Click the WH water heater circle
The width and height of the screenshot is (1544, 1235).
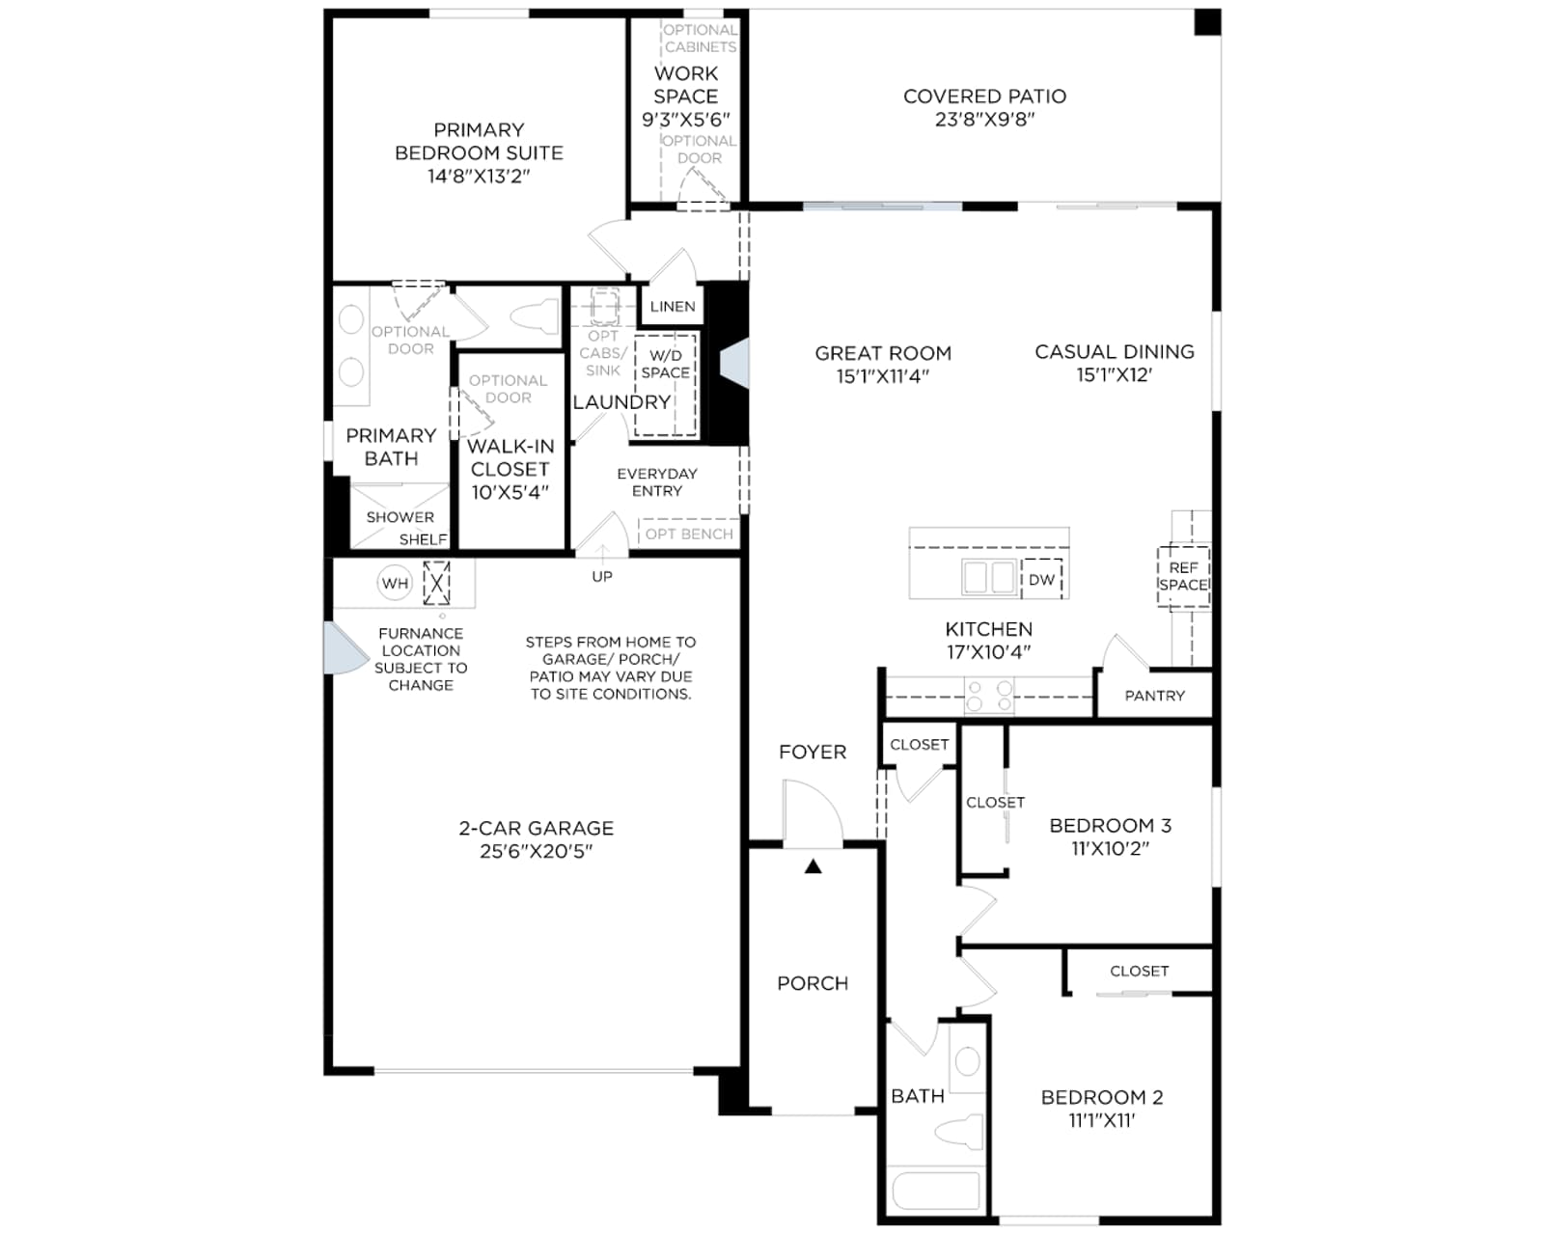click(395, 584)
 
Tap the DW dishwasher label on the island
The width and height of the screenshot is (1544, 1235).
click(1041, 580)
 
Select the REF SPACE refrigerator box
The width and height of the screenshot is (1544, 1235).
click(1183, 577)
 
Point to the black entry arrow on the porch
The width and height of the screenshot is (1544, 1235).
click(813, 866)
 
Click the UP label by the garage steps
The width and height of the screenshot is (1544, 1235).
click(602, 576)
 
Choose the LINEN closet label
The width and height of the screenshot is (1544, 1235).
click(673, 307)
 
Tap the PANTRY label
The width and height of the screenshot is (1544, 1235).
click(1154, 696)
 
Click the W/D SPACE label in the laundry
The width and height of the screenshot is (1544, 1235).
click(665, 365)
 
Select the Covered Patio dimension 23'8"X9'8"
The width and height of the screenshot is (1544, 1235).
click(984, 119)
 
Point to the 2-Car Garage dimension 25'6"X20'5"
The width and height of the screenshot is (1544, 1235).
click(536, 851)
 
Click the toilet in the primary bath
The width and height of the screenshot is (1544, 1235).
click(534, 316)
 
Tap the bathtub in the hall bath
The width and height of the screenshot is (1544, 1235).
click(936, 1191)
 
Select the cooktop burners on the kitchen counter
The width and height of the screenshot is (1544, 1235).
click(989, 696)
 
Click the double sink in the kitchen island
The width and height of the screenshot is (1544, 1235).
click(989, 576)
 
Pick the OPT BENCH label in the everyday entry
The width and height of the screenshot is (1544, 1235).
click(689, 534)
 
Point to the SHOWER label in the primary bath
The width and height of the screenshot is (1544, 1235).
click(400, 517)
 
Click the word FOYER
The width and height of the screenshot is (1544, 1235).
click(813, 752)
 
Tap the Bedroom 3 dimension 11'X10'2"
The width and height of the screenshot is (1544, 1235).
click(1110, 848)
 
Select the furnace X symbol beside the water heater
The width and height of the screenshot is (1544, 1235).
click(436, 583)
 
